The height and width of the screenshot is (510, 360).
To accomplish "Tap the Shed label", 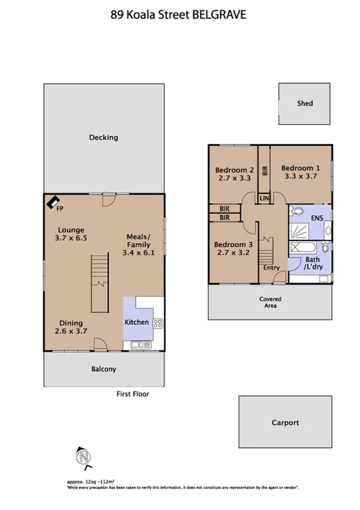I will pyautogui.click(x=305, y=103).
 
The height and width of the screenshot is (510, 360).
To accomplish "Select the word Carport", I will pyautogui.click(x=284, y=423).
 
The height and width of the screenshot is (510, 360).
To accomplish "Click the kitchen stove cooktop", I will pyautogui.click(x=158, y=323).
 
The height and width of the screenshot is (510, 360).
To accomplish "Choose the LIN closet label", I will pyautogui.click(x=263, y=198).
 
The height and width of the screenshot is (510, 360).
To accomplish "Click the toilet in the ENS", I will pyautogui.click(x=296, y=211).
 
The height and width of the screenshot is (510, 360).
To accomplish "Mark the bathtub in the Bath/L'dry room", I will pyautogui.click(x=305, y=247).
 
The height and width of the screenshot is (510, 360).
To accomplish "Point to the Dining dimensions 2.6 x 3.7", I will pyautogui.click(x=71, y=333).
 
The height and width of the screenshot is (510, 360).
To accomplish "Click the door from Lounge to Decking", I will pyautogui.click(x=109, y=198).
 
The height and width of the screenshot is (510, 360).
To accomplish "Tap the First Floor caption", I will pyautogui.click(x=132, y=395).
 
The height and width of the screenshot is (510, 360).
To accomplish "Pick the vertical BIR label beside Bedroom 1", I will pyautogui.click(x=264, y=170).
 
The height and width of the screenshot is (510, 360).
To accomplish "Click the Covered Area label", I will pyautogui.click(x=270, y=303).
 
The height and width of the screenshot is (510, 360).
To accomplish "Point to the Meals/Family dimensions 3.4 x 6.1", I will pyautogui.click(x=139, y=253).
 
